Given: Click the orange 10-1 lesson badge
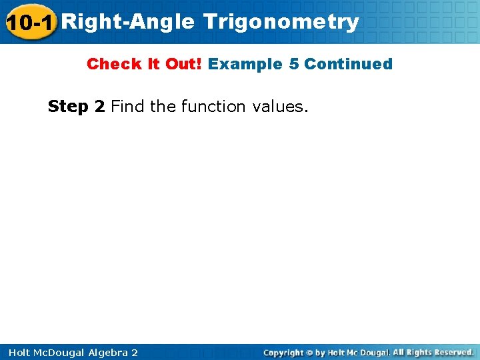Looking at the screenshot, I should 29,22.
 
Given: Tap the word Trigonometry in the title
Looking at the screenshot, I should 281,22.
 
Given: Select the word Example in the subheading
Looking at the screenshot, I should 245,64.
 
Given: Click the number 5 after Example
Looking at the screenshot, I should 294,64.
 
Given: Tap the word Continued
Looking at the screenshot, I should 348,64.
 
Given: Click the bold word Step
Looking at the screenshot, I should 69,107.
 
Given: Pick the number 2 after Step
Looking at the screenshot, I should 100,107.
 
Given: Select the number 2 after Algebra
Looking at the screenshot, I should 135,353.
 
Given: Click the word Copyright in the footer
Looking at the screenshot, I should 283,353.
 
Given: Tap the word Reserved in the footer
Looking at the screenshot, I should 451,352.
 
